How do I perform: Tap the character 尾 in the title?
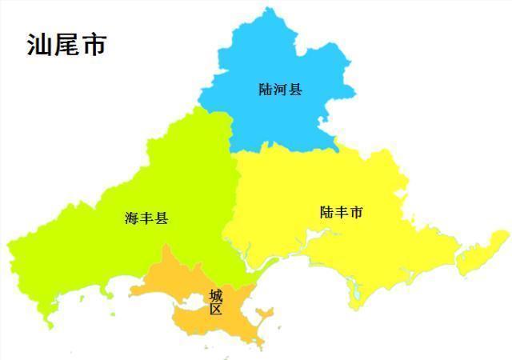pyautogui.click(x=66, y=45)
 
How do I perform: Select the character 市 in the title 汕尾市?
pyautogui.click(x=94, y=45)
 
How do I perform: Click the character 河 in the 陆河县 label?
pyautogui.click(x=280, y=90)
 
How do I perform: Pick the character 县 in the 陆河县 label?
pyautogui.click(x=295, y=90)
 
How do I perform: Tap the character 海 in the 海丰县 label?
pyautogui.click(x=132, y=218)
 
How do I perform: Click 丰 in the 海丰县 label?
pyautogui.click(x=146, y=218)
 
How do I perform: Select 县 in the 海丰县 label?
pyautogui.click(x=162, y=218)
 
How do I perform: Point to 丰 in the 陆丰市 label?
pyautogui.click(x=341, y=213)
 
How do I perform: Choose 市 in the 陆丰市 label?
pyautogui.click(x=356, y=213)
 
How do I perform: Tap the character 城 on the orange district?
pyautogui.click(x=216, y=295)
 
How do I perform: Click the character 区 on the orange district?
pyautogui.click(x=216, y=310)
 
